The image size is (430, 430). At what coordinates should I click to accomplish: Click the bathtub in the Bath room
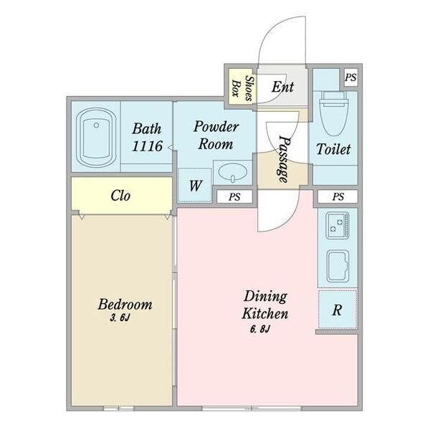pyautogui.click(x=96, y=137)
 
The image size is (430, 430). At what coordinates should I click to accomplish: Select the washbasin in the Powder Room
pyautogui.click(x=232, y=173)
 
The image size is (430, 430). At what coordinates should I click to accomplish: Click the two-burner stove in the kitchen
pyautogui.click(x=338, y=225)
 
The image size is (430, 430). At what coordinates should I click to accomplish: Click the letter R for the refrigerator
pyautogui.click(x=337, y=310)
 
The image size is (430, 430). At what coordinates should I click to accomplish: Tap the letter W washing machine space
pyautogui.click(x=195, y=186)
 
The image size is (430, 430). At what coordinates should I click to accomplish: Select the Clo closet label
pyautogui.click(x=120, y=196)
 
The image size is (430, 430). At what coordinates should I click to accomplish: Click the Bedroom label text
pyautogui.click(x=125, y=304)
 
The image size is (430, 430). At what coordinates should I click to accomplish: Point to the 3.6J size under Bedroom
pyautogui.click(x=120, y=317)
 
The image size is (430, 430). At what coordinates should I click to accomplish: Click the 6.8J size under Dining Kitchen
pyautogui.click(x=260, y=329)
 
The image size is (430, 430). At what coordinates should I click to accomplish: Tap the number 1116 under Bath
pyautogui.click(x=147, y=146)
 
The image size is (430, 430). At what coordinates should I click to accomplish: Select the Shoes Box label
pyautogui.click(x=242, y=88)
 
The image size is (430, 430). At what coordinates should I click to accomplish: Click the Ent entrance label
pyautogui.click(x=283, y=87)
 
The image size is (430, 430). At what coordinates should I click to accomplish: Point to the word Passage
pyautogui.click(x=284, y=159)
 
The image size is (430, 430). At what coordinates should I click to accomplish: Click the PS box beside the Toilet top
pyautogui.click(x=350, y=77)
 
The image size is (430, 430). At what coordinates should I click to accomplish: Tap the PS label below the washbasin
pyautogui.click(x=234, y=197)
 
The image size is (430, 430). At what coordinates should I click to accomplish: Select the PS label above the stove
pyautogui.click(x=338, y=196)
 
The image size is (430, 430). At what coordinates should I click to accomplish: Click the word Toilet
pyautogui.click(x=333, y=149)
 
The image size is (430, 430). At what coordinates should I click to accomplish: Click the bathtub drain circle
pyautogui.click(x=96, y=125)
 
